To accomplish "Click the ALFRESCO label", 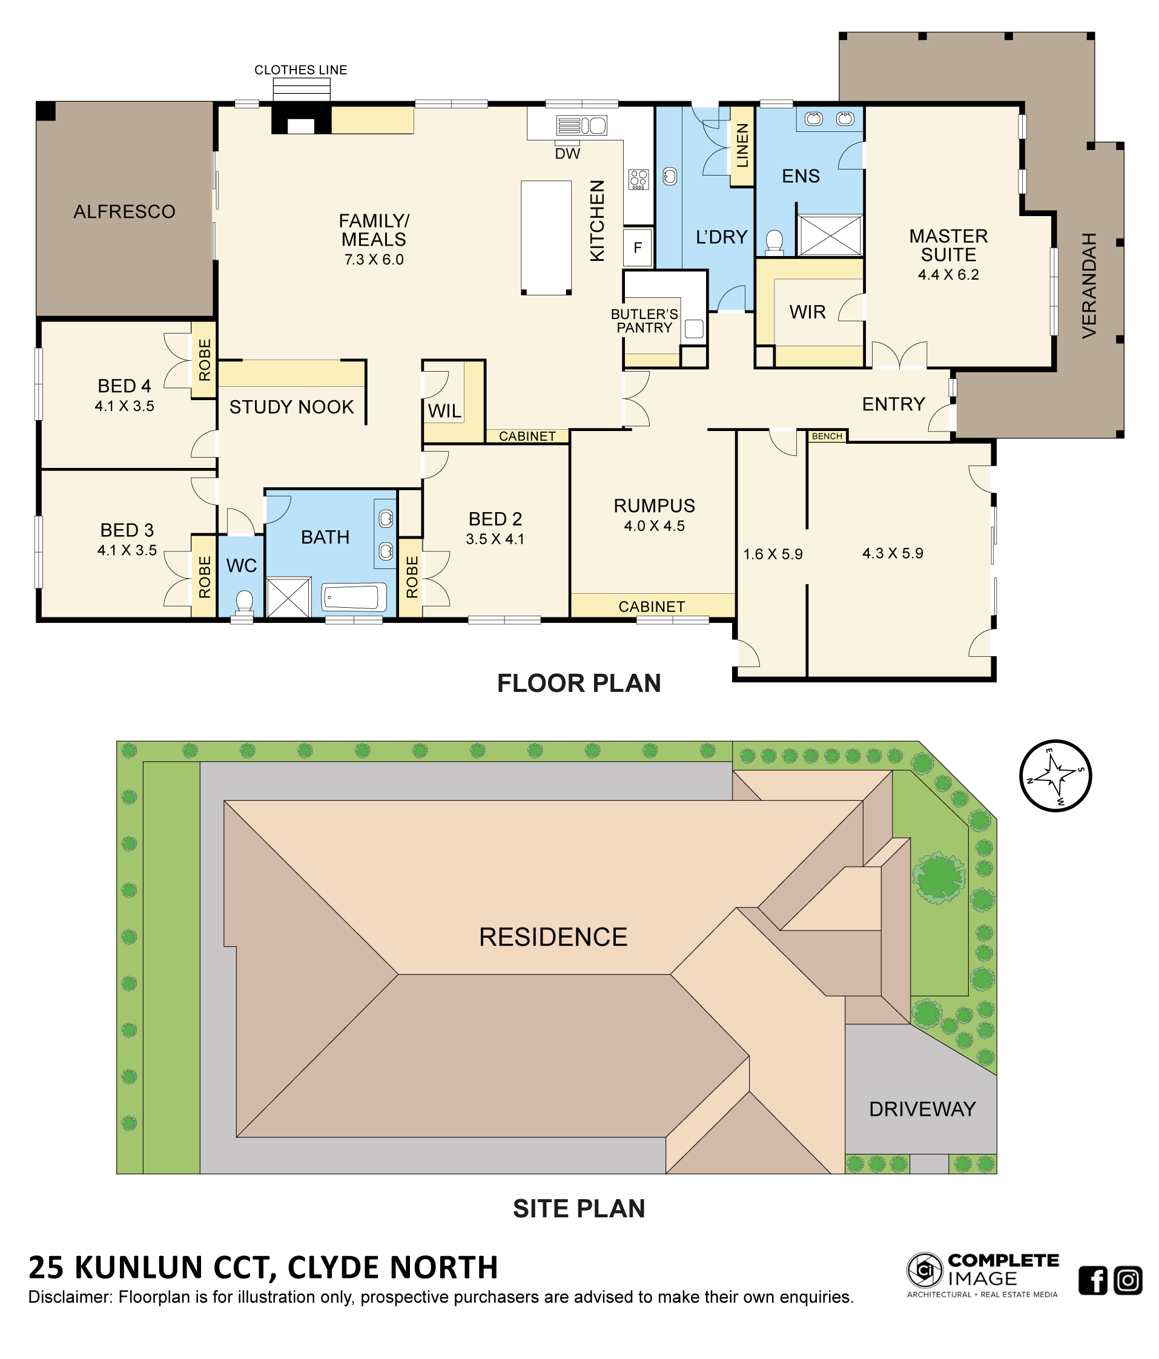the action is [x=124, y=211].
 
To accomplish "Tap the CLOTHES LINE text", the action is [x=300, y=70].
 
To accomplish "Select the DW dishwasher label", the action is [x=567, y=154].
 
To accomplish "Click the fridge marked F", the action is [x=638, y=248].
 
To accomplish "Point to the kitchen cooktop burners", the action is [x=638, y=179].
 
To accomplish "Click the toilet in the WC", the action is [x=244, y=604].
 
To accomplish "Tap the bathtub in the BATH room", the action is [x=353, y=597].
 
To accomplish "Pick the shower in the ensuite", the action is [x=830, y=235].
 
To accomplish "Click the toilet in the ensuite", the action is [x=774, y=242].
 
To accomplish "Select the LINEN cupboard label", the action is [x=742, y=146].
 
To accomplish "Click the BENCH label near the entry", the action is [x=827, y=436].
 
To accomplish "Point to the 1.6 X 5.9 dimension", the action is [x=773, y=554].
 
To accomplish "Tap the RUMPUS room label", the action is [x=654, y=505].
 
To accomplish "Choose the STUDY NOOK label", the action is [x=291, y=407].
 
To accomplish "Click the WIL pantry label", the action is [x=444, y=411].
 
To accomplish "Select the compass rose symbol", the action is [x=1055, y=776].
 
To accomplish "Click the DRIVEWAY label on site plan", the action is [x=922, y=1109].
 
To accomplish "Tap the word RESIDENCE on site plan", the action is [x=553, y=936].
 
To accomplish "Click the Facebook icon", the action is [x=1093, y=1281].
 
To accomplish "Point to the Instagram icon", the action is [x=1128, y=1281].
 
